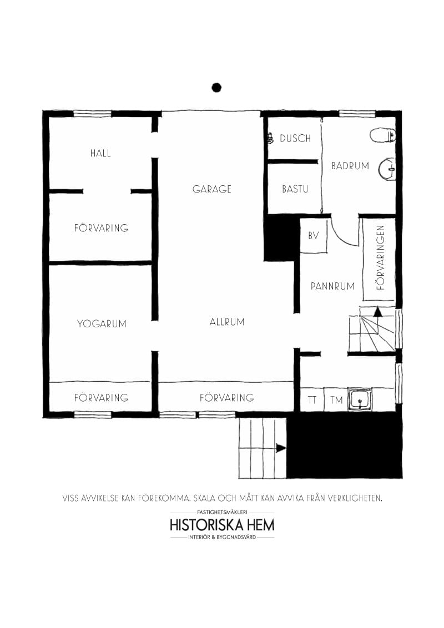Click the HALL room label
coord(100,153)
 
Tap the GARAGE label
coord(211,189)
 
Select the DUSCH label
coord(295,139)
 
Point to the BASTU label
coord(295,189)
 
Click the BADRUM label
coord(350,166)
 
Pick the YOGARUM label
coord(102,323)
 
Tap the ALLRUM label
coord(227,322)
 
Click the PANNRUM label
coord(332,286)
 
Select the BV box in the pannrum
coord(314,236)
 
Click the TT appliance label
coord(312,399)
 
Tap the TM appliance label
coord(336,399)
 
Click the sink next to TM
coord(360,399)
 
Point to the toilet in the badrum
coord(383,135)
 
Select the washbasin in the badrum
coord(387,169)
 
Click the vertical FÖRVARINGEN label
coord(381,257)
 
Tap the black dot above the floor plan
coord(216,87)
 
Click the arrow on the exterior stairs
coord(281,448)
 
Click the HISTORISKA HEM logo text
coord(223,525)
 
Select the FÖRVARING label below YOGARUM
coord(102,398)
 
